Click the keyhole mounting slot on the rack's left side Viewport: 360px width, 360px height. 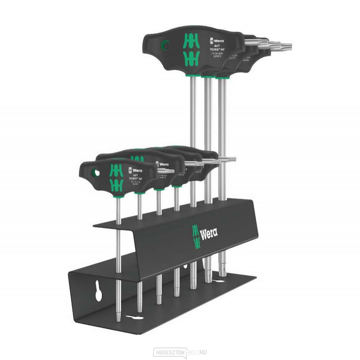[x=99, y=292]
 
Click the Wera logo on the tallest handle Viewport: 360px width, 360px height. [x=217, y=40]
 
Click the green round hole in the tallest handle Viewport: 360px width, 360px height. [x=166, y=44]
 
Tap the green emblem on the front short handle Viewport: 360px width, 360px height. [x=116, y=178]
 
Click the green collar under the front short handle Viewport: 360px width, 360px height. [x=118, y=194]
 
